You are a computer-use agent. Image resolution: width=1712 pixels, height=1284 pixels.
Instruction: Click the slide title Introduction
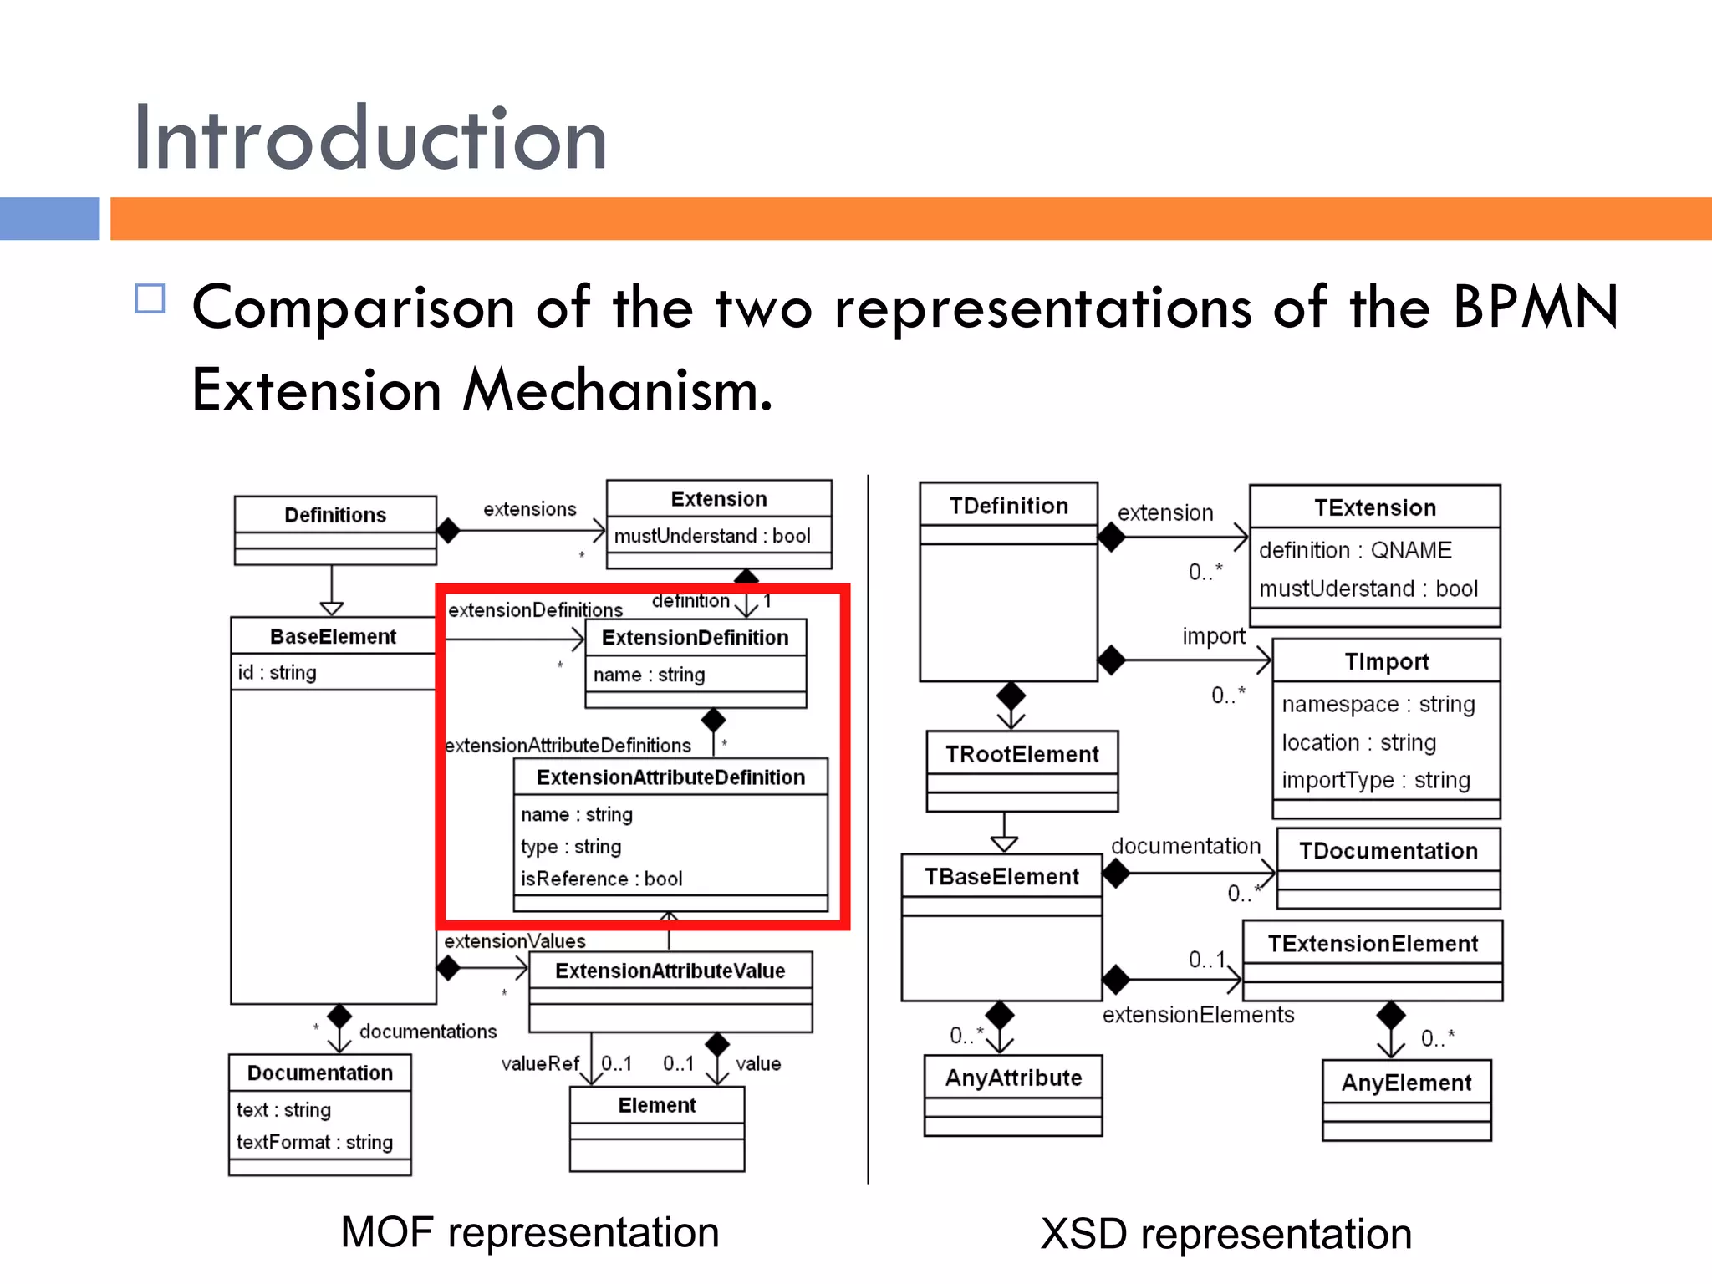370,140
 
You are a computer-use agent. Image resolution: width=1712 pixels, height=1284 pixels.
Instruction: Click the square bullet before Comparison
150,299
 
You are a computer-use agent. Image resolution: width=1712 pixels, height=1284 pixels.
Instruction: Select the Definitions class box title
335,515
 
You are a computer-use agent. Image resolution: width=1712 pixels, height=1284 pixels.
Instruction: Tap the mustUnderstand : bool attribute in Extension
712,536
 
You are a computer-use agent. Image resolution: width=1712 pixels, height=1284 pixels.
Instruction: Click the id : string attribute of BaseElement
278,673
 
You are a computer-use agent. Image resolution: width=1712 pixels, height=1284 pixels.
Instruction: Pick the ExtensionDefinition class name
695,638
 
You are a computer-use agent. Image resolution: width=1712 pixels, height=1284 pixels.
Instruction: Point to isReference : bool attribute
602,879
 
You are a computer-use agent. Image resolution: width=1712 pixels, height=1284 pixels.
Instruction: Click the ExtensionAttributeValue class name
670,971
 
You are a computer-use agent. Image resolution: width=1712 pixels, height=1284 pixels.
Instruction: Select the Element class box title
657,1105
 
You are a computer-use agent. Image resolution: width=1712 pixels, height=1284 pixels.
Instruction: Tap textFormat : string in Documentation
314,1142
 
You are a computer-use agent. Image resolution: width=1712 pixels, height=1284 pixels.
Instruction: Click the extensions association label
530,509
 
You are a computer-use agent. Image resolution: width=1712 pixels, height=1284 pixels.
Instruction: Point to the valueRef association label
540,1063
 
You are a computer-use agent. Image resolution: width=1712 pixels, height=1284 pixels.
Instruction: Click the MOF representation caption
530,1232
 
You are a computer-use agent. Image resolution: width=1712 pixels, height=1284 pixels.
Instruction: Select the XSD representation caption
1226,1234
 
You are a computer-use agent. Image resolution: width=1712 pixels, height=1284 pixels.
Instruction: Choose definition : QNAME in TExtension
1355,550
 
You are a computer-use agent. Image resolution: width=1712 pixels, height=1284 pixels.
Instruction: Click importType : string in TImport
1376,780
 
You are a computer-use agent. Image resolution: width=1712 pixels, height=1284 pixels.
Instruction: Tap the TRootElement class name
1022,755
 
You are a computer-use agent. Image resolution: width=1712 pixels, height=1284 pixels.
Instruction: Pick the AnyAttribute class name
1013,1078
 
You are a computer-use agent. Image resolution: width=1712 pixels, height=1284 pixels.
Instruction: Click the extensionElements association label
1198,1015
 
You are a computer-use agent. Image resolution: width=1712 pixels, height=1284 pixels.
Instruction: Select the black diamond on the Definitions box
449,530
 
